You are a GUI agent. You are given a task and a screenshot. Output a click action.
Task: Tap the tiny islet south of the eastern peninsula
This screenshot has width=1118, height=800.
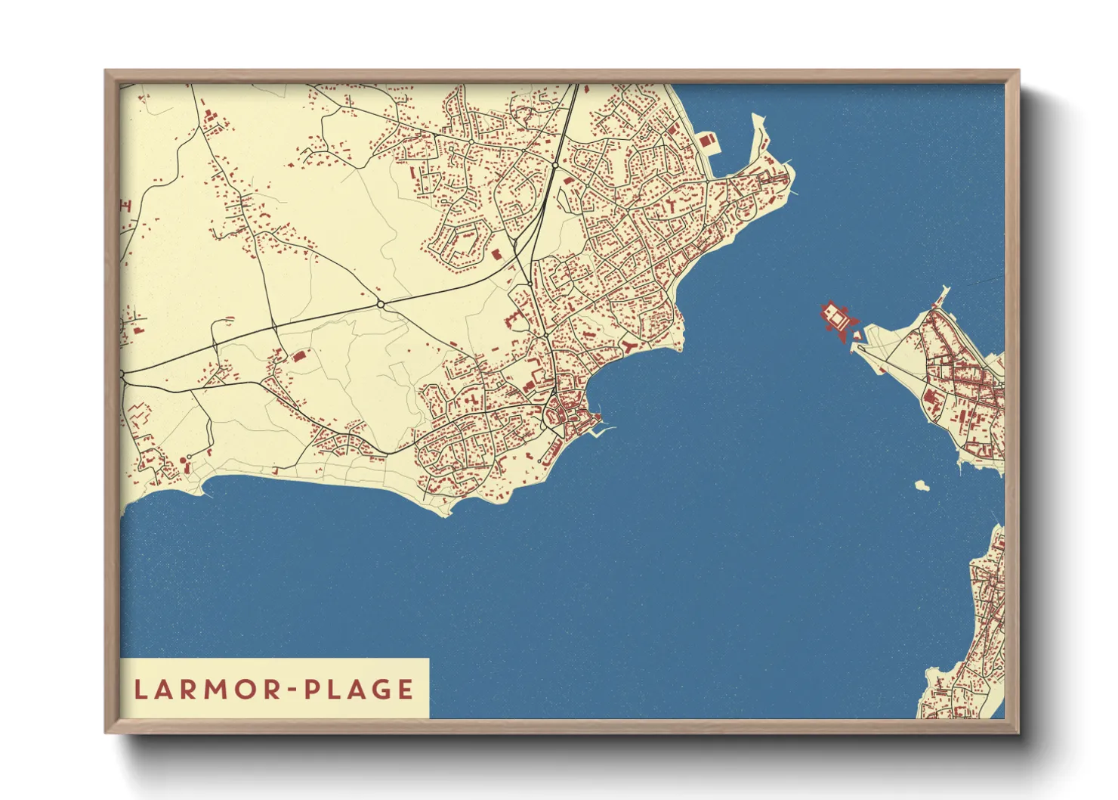click(x=922, y=485)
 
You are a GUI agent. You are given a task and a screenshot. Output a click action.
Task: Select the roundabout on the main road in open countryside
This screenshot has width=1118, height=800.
click(x=381, y=304)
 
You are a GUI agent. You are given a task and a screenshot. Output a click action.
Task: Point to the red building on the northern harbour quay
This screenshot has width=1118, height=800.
click(x=708, y=140)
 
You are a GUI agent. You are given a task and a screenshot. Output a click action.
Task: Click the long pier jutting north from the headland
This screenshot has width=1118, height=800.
click(x=758, y=136)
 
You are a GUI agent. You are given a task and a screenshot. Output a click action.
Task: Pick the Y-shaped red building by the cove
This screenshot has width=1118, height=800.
click(x=628, y=346)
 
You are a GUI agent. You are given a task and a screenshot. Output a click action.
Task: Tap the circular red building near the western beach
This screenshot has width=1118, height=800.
click(x=183, y=460)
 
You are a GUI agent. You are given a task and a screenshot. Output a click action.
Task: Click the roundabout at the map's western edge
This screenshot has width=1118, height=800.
click(x=122, y=374)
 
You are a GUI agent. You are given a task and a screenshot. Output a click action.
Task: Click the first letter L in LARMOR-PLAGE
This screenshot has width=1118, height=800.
click(x=141, y=689)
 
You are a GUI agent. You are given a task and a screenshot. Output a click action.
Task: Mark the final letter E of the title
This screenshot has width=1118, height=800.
click(x=406, y=689)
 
